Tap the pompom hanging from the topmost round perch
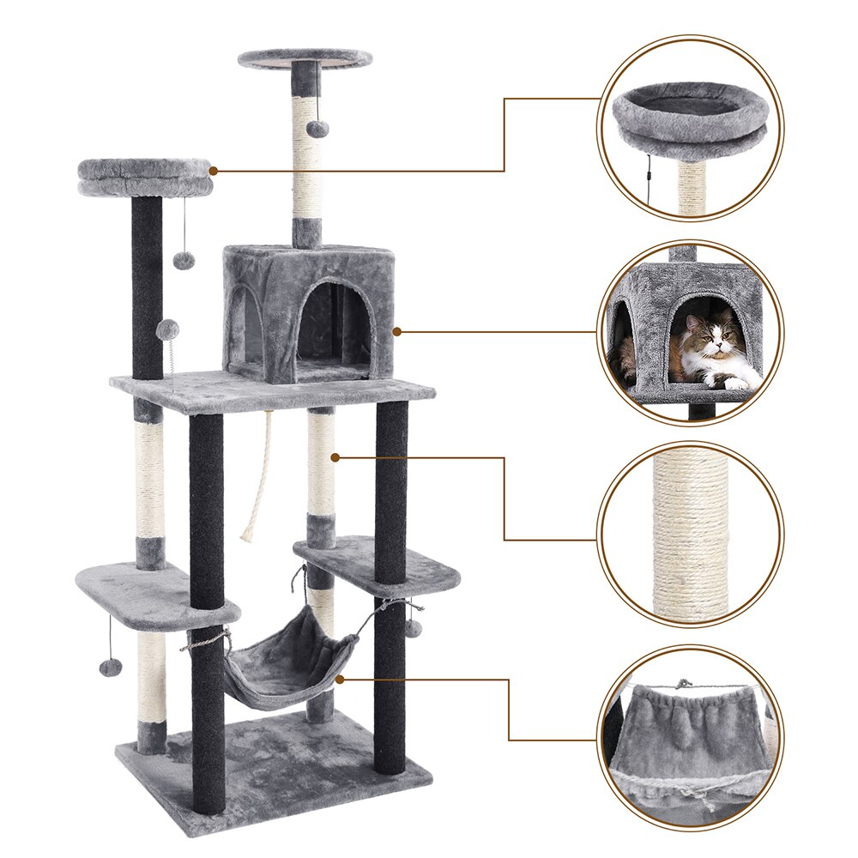coord(318,128)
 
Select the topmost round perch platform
coord(305,58)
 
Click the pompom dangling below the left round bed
coord(184,260)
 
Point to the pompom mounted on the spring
coord(168,329)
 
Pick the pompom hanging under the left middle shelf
coord(110,668)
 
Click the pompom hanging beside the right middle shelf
coord(414,629)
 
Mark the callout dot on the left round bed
coord(214,171)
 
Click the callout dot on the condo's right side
coord(397,330)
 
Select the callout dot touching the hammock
coord(341,679)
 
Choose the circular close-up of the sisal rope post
coord(691,534)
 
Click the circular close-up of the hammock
coord(691,738)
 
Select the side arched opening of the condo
coord(245,322)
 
